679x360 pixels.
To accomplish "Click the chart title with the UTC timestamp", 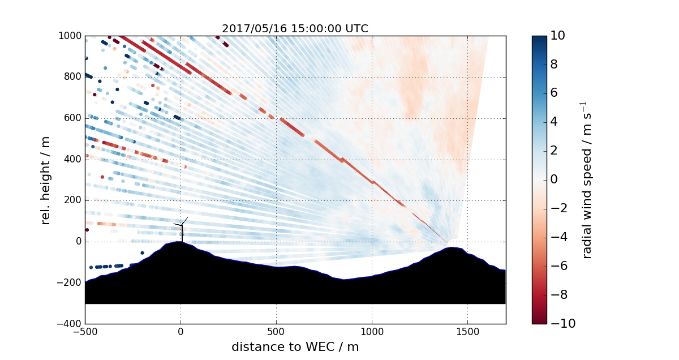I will pos(295,29).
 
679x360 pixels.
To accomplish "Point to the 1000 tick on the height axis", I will pos(70,36).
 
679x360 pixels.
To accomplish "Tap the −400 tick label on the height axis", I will pos(70,324).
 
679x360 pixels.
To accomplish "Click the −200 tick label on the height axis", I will pos(70,283).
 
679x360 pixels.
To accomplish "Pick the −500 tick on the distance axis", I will pos(85,331).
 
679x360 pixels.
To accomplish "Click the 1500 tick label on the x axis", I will pos(467,331).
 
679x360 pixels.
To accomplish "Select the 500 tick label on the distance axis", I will pos(276,331).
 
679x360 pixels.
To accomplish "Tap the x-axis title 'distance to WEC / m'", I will pos(295,347).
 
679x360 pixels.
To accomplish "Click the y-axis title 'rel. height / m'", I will pos(46,180).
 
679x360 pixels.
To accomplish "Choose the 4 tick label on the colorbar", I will pos(556,122).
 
